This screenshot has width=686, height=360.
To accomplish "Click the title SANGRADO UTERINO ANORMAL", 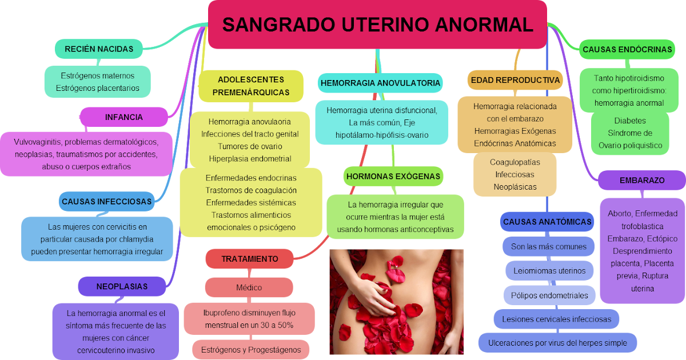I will [377, 25].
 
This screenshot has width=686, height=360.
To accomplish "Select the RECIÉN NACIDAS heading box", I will [99, 49].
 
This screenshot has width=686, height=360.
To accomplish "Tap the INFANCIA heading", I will [123, 117].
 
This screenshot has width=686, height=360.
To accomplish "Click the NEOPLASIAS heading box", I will [122, 286].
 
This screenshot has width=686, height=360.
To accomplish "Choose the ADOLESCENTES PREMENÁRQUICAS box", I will [251, 86].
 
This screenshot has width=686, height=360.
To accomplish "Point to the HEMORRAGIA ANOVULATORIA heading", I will [380, 83].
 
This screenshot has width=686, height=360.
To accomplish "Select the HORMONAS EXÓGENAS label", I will [393, 177].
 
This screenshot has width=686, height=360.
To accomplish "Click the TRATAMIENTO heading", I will [249, 259].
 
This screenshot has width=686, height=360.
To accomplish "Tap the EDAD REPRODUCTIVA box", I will [514, 80].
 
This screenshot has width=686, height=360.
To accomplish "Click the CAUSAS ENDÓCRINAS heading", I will [627, 49].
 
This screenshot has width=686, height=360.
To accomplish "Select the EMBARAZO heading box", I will [641, 180].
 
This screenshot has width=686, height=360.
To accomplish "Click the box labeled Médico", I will [249, 287].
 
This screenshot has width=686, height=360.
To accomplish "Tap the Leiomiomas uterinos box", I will [549, 271].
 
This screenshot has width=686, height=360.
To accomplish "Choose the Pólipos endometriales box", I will [549, 295].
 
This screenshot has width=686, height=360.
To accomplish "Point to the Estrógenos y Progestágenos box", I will [251, 350].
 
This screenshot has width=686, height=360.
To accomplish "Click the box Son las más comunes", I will [549, 246].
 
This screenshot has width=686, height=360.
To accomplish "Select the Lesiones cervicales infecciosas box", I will [556, 319].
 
